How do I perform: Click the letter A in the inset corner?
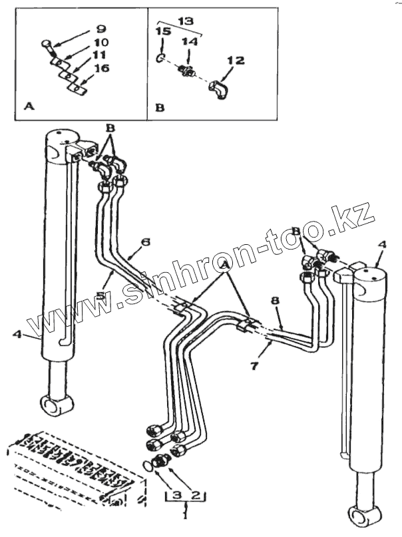(x=27, y=105)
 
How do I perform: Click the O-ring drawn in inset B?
(x=160, y=59)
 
